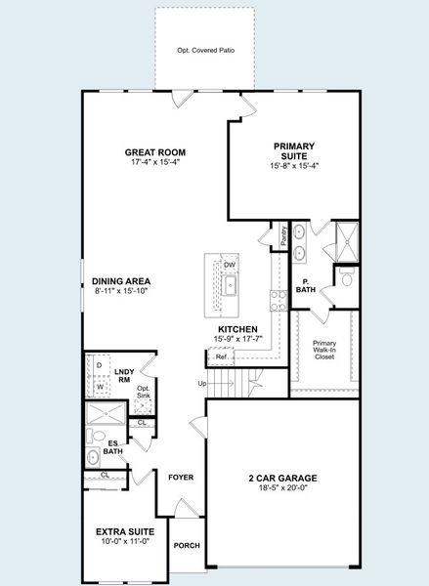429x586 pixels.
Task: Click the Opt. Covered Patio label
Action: click(206, 50)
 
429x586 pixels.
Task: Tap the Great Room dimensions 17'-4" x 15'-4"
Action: click(155, 162)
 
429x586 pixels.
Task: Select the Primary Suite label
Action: click(294, 151)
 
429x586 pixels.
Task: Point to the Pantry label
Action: click(283, 235)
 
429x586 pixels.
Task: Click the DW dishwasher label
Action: click(230, 265)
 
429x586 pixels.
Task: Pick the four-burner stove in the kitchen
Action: click(279, 301)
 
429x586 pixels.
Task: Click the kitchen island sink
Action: click(229, 285)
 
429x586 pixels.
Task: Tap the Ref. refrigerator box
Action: click(221, 356)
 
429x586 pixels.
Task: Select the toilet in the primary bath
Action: click(347, 276)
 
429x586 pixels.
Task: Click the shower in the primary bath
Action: click(347, 242)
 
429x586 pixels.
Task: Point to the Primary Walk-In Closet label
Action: click(324, 350)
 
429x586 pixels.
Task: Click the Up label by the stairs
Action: click(202, 384)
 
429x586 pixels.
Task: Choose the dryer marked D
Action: click(99, 365)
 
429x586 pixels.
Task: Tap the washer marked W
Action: click(100, 387)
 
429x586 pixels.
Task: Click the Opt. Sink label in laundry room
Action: click(144, 392)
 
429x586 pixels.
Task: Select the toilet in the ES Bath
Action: click(96, 436)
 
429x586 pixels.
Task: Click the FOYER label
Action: click(181, 478)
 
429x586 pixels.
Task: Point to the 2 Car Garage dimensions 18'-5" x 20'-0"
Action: click(282, 487)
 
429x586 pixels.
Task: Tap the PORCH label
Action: click(187, 546)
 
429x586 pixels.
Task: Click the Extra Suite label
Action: click(125, 532)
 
